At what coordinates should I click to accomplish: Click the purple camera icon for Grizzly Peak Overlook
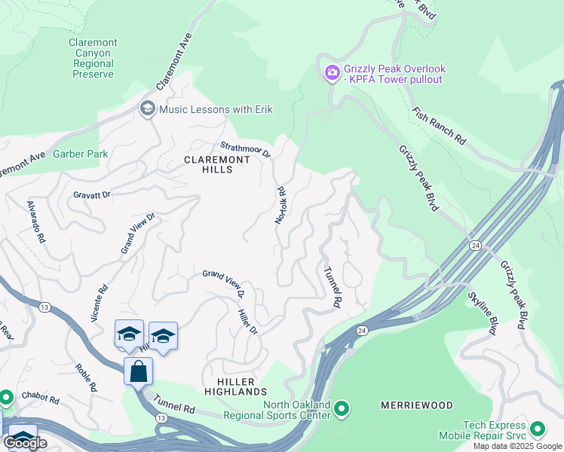(x=331, y=73)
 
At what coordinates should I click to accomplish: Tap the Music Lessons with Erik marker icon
(x=147, y=109)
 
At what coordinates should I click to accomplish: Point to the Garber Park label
(x=80, y=154)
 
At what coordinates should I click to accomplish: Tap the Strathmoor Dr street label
(x=245, y=149)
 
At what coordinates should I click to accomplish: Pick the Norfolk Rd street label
(x=280, y=206)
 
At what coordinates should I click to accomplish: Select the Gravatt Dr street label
(x=92, y=194)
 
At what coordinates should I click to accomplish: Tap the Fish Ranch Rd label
(x=438, y=125)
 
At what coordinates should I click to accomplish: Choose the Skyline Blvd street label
(x=483, y=313)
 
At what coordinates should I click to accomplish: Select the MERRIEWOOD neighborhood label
(x=416, y=405)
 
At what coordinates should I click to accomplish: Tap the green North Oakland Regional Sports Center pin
(x=342, y=409)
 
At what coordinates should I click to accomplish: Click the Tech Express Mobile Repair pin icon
(x=538, y=429)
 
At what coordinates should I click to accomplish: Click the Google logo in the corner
(x=25, y=443)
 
